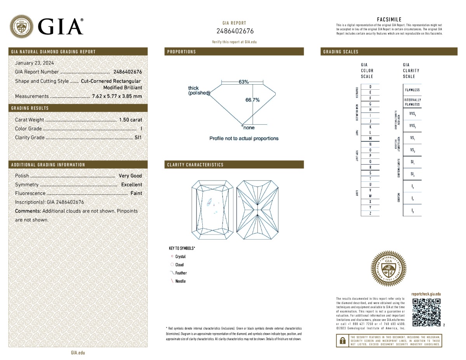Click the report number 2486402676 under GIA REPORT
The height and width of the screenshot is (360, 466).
(235, 31)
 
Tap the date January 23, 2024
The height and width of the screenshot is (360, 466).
(34, 63)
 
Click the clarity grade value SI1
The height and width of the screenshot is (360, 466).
(138, 137)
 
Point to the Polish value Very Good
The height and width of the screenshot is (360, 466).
(130, 176)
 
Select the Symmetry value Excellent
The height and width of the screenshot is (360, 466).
(131, 185)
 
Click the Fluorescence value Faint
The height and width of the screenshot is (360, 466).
(136, 193)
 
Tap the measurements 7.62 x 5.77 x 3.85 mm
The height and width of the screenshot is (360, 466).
(117, 96)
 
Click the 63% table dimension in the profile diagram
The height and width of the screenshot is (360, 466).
(243, 82)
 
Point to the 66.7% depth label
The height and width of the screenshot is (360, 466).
(252, 100)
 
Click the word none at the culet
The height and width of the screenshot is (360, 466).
(249, 128)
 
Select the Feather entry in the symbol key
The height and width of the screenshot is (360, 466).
(181, 273)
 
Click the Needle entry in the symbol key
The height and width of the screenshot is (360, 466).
(180, 281)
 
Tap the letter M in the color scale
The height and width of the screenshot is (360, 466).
(370, 138)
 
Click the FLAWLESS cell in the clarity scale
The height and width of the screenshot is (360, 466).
(412, 90)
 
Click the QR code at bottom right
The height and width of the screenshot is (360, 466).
(426, 313)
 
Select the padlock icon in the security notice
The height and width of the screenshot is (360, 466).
(342, 341)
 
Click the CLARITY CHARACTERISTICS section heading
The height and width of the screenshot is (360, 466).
(195, 165)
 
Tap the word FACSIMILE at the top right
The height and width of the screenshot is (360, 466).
(389, 19)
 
